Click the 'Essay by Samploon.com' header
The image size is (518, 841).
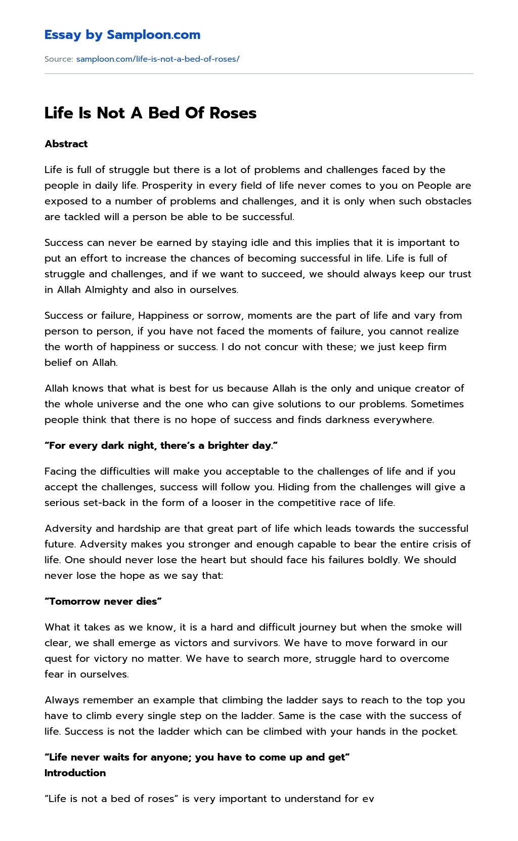click(122, 35)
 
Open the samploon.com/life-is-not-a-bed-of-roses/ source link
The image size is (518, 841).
click(157, 59)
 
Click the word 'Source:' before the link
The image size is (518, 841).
click(59, 59)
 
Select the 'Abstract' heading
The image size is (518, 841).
click(66, 144)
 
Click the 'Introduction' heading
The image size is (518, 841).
click(75, 773)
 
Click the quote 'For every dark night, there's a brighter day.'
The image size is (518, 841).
click(161, 446)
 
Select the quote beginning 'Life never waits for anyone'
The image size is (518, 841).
click(197, 758)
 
